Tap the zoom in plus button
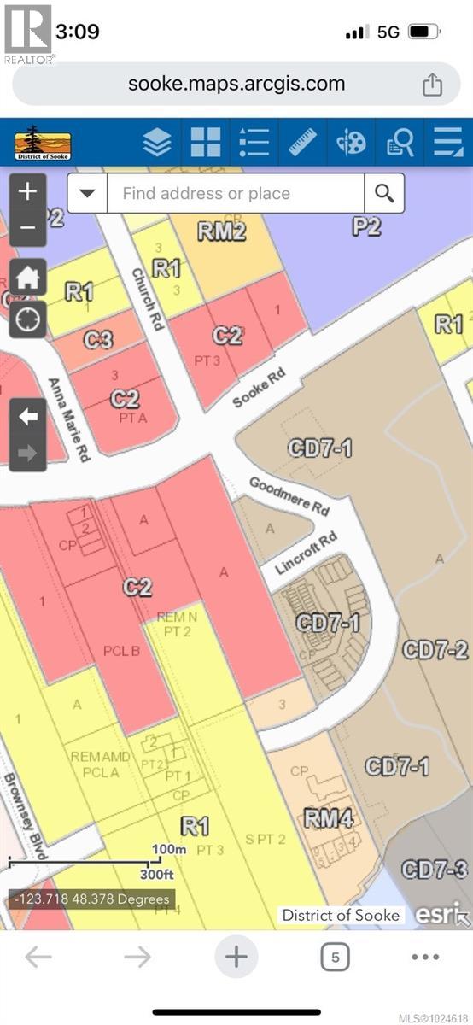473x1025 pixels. pos(27,191)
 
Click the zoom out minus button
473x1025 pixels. pos(27,229)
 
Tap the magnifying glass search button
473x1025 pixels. pos(384,194)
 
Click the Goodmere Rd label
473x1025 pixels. pos(289,495)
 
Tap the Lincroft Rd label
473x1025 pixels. pos(307,553)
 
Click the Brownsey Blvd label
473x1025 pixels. pos(23,816)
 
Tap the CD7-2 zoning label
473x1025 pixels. pos(435,649)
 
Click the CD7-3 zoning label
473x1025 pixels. pos(435,870)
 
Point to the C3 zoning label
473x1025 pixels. pos(99,339)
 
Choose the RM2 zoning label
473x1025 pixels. pos(221,231)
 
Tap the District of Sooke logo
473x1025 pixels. pos(43,142)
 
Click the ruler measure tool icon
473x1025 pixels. pos(302,142)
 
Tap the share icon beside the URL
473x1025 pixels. pos(432,85)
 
